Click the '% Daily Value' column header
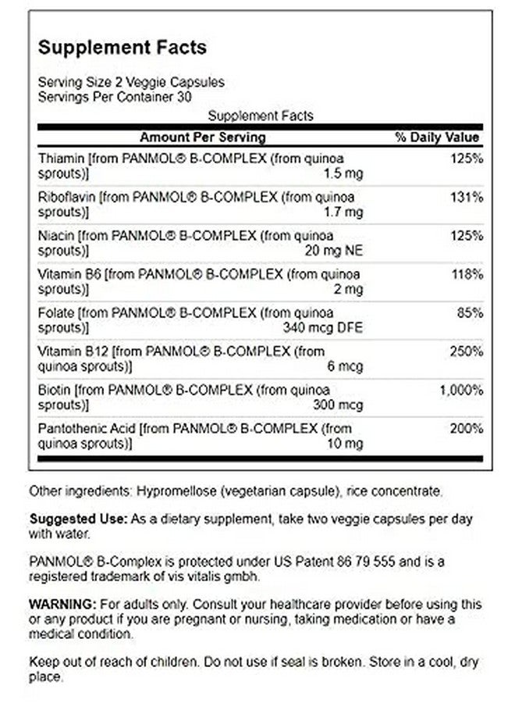pos(437,137)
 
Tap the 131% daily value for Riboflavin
pos(467,198)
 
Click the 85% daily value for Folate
pos(471,313)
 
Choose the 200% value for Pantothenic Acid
pos(467,428)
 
